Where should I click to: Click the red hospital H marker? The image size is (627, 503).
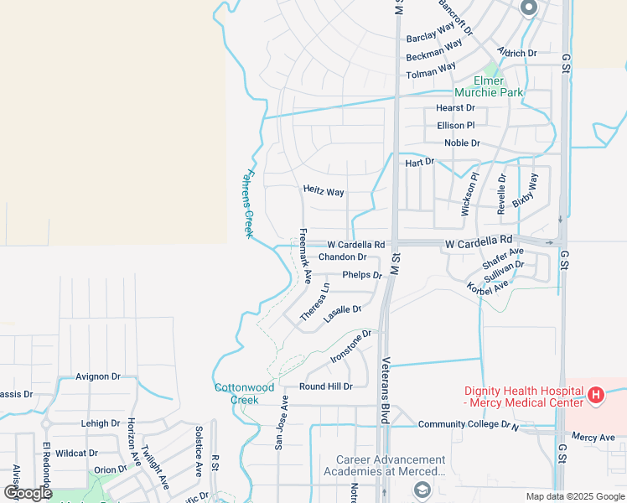click(595, 394)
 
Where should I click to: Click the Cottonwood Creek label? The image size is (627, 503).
click(244, 393)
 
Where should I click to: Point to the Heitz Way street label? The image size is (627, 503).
click(324, 192)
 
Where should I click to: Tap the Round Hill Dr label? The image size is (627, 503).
click(326, 386)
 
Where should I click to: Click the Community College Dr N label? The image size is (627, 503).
click(469, 425)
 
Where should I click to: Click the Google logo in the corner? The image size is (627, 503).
click(28, 492)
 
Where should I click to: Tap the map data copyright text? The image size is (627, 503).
click(576, 496)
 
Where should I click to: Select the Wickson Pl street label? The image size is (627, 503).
click(469, 194)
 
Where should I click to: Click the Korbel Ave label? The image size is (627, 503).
click(488, 286)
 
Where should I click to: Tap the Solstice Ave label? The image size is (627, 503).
click(199, 451)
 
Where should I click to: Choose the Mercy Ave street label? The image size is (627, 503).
click(593, 438)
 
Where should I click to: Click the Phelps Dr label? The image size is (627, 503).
click(362, 275)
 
